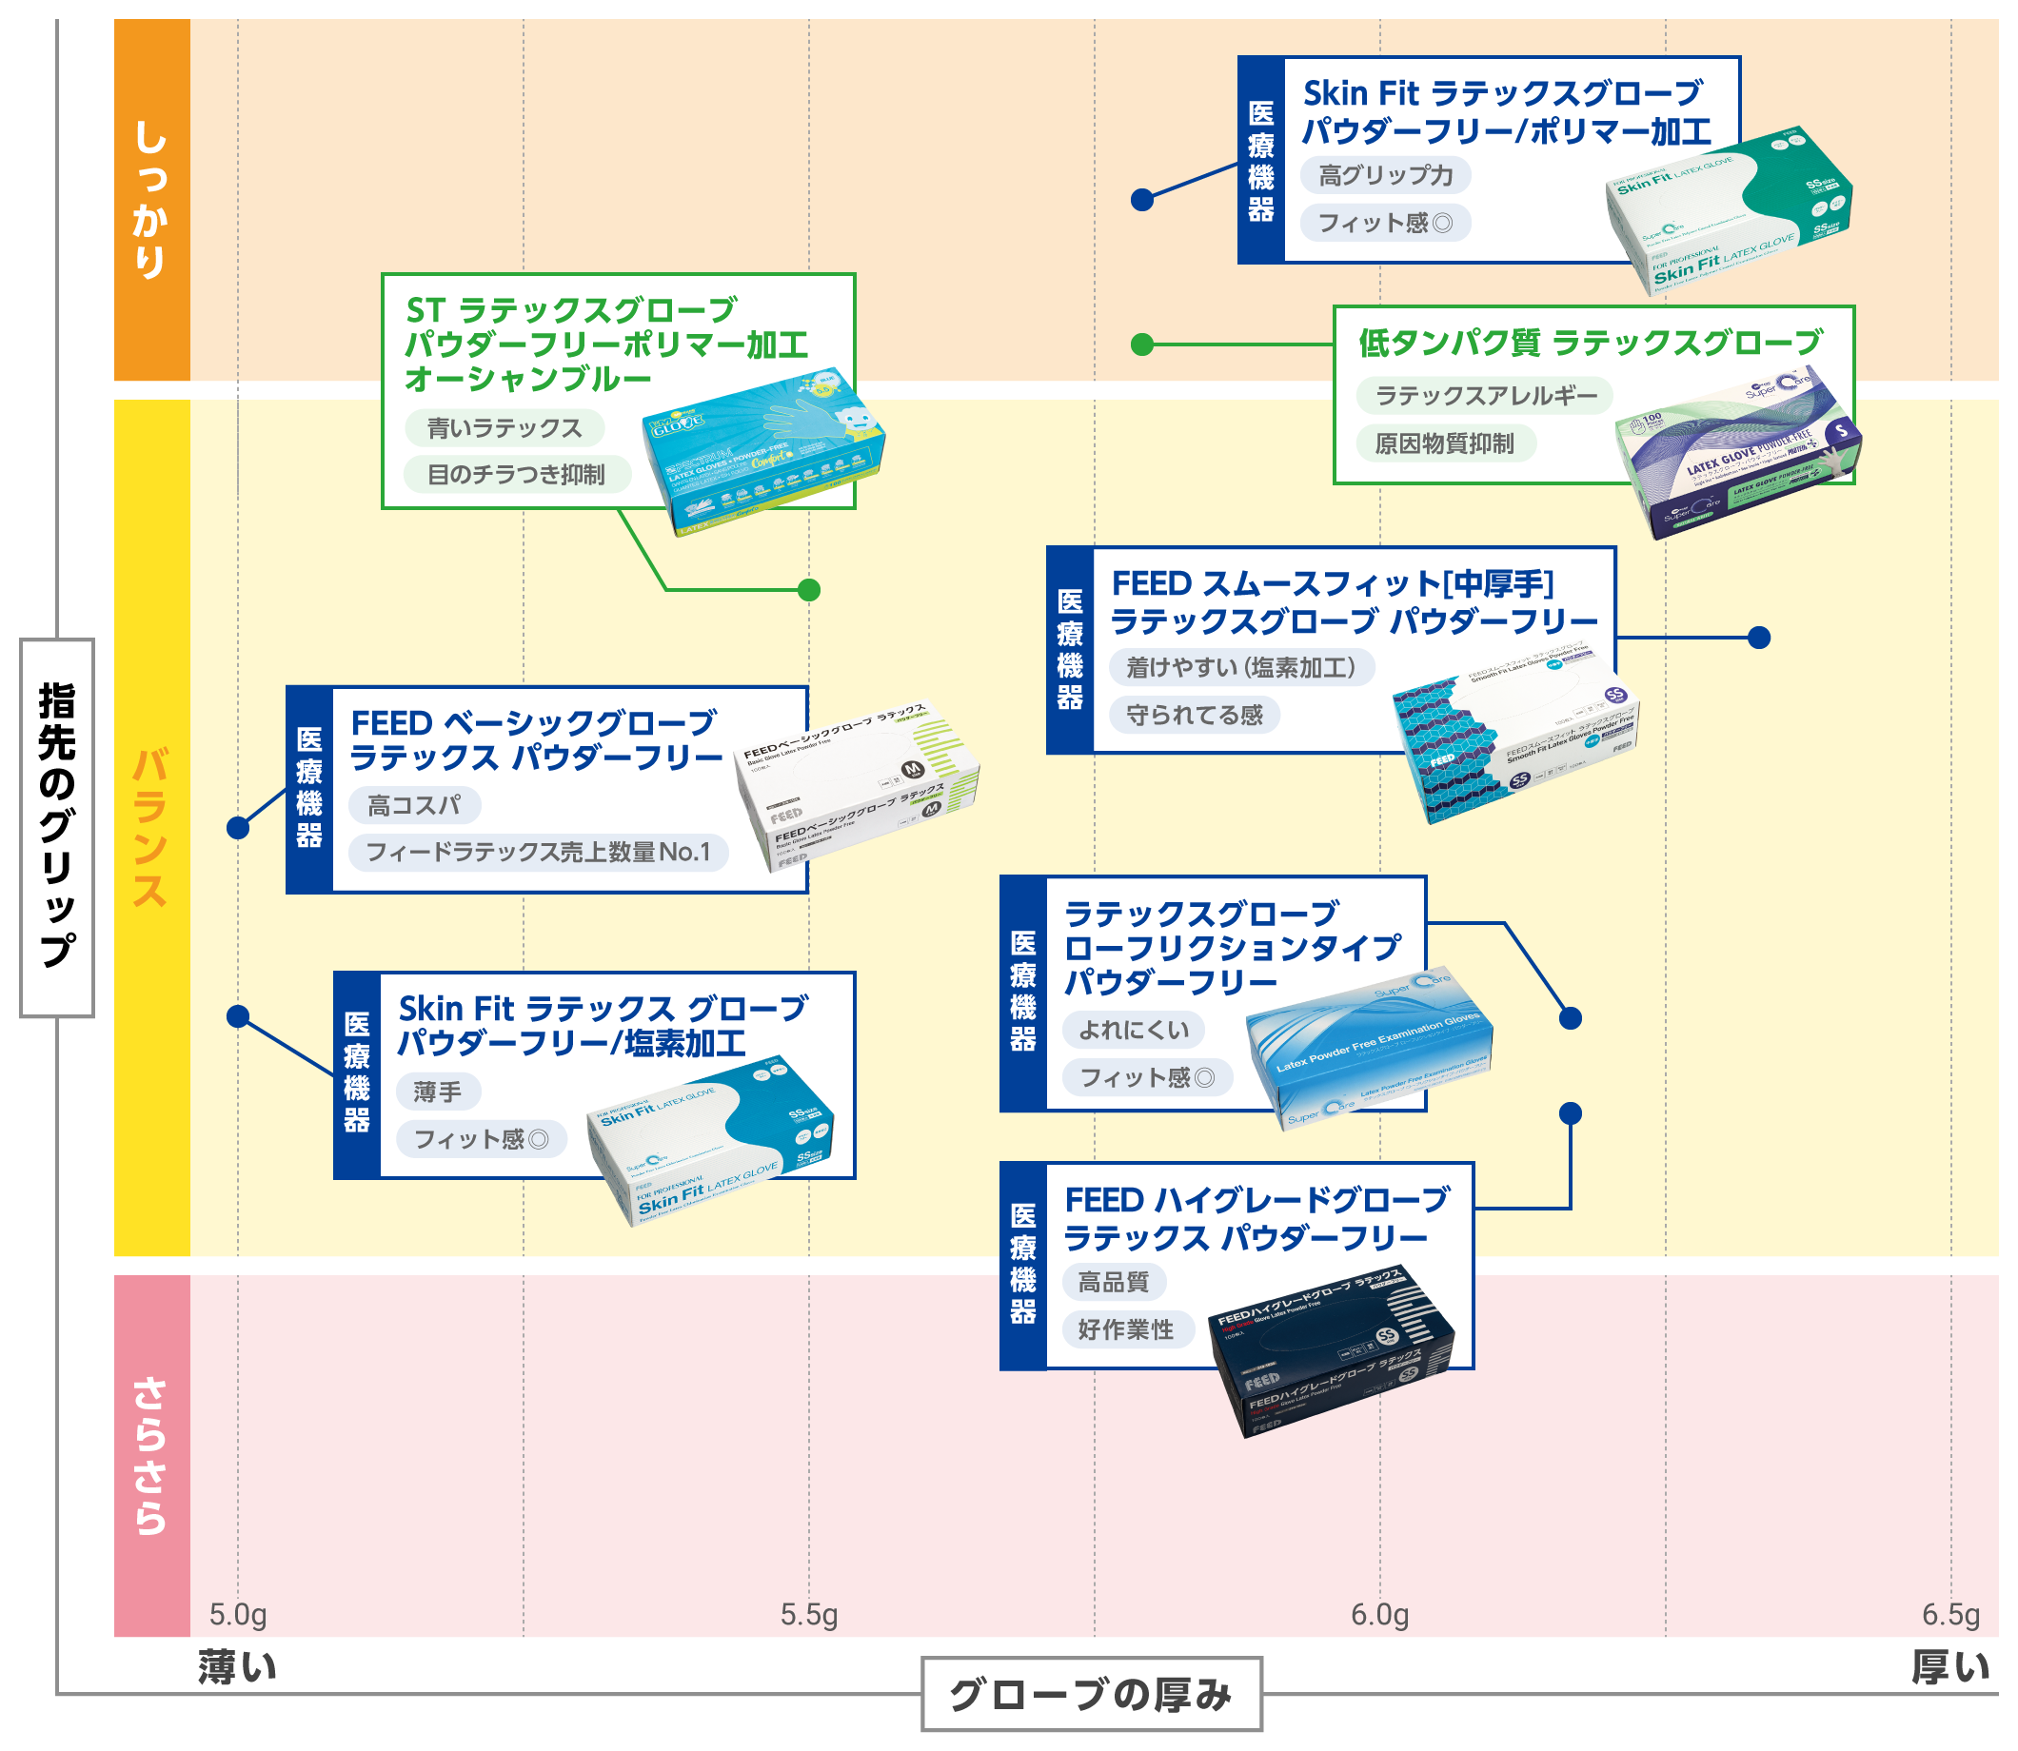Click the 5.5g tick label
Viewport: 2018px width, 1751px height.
[x=808, y=1614]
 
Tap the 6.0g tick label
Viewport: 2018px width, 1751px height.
[x=1379, y=1614]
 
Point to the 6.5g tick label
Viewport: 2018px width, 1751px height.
[x=1949, y=1614]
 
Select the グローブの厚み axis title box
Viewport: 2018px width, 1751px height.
[x=1091, y=1694]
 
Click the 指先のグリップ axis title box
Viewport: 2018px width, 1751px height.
[x=57, y=827]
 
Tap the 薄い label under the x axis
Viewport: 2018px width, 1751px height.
[x=237, y=1667]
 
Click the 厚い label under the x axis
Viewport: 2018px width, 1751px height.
[x=1949, y=1667]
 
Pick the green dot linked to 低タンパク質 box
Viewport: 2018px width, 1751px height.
[x=1141, y=344]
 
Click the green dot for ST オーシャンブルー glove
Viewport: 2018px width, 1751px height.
[x=808, y=589]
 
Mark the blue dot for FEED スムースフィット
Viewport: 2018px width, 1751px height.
[x=1758, y=637]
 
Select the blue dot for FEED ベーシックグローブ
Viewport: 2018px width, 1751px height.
[x=237, y=828]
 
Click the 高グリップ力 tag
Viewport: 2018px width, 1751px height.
[x=1385, y=176]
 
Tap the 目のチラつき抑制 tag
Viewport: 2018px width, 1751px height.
[x=516, y=475]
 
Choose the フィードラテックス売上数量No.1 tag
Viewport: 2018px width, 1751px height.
[x=538, y=852]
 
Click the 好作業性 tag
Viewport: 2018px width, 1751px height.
[x=1126, y=1328]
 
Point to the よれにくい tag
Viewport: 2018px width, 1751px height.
[x=1134, y=1030]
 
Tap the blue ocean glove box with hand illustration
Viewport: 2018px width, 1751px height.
[x=762, y=458]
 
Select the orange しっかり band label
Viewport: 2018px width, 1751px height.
[x=151, y=199]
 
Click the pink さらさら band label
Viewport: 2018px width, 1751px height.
[x=151, y=1455]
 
